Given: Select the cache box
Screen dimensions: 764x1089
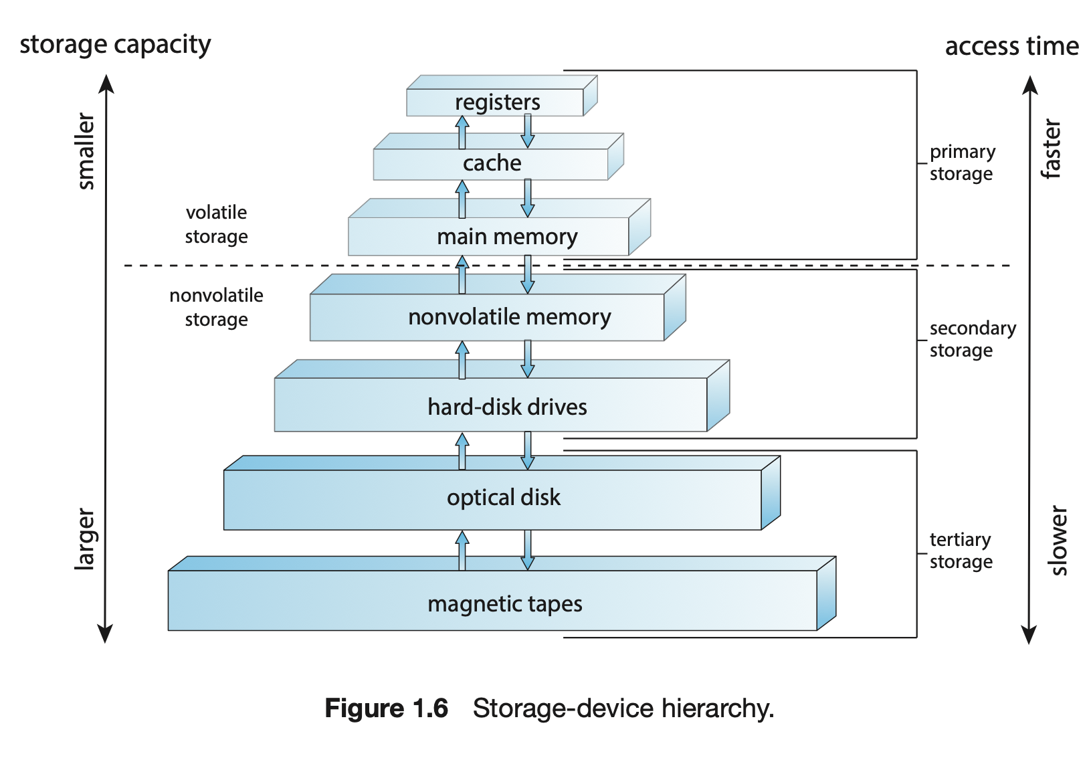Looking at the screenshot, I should coord(492,163).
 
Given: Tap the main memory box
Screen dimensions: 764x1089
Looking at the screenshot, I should coord(506,237).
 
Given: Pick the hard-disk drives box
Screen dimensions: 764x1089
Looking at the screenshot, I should coord(506,407).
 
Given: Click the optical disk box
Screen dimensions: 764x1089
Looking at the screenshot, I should coord(503,498).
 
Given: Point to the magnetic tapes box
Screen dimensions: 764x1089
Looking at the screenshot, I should coord(504,604).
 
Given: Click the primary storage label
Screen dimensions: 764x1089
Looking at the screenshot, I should coord(962,163).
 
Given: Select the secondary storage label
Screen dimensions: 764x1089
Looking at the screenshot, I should coord(972,339).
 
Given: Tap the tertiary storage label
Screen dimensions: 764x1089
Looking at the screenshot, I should coord(961,551).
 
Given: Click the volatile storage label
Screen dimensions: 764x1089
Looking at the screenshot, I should coord(216,224).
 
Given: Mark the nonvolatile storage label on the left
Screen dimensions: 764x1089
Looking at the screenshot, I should coord(216,307).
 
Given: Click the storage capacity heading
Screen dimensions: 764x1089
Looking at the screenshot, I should coord(115,45).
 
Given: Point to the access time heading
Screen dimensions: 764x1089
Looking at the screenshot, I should coord(1011,46).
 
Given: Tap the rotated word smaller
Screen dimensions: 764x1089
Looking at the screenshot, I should coord(86,151).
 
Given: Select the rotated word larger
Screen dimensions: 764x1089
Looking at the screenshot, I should coord(84,539).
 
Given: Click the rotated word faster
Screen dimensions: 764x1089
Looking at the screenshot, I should coord(1051,149).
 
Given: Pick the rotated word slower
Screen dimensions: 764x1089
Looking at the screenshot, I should coord(1058,541).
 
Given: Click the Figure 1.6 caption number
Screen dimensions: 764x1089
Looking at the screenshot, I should coord(386,708).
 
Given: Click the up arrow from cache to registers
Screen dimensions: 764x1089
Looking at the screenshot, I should coord(462,132).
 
